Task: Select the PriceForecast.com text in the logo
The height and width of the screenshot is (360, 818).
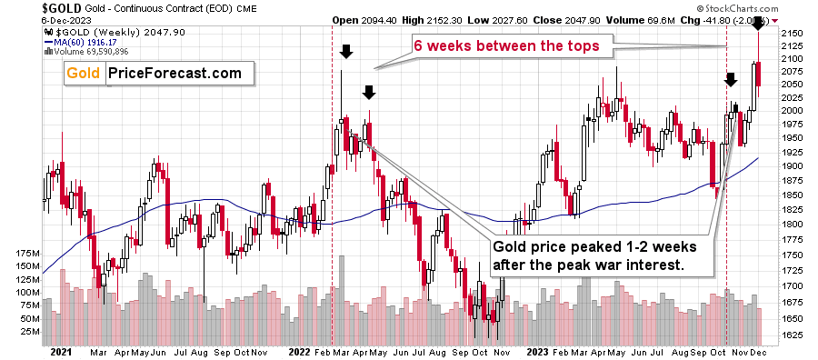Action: [174, 73]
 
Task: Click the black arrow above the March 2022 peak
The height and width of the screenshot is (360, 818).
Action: [346, 52]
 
